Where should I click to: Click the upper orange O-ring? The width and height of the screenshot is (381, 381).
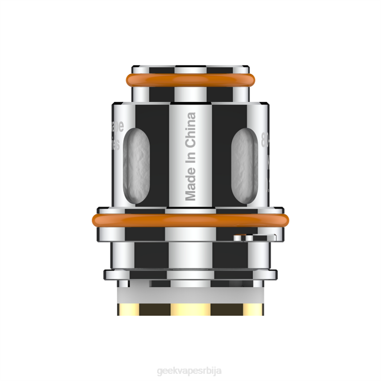[190, 81]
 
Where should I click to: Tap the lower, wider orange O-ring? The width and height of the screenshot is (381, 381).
[190, 219]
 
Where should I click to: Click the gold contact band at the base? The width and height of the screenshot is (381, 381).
[190, 309]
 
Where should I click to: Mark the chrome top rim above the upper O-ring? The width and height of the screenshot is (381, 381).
[190, 68]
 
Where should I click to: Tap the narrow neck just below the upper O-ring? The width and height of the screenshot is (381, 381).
[190, 93]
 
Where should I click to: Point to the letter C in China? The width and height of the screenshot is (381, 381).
[190, 142]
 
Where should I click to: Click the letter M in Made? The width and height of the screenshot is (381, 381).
[190, 195]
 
